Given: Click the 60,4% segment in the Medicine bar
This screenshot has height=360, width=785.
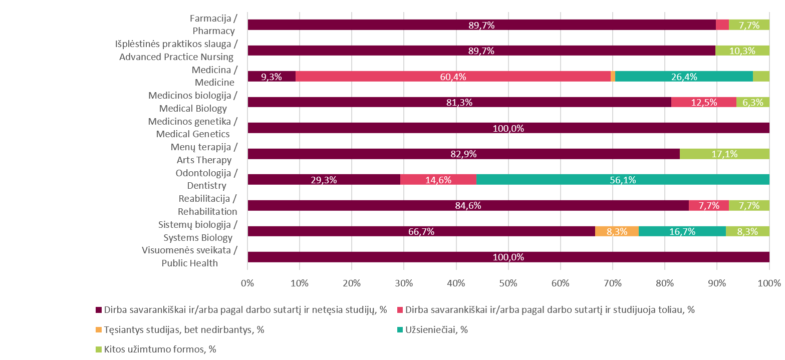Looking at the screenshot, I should pos(453,77).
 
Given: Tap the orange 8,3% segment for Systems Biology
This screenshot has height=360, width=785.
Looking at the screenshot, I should pos(617,231).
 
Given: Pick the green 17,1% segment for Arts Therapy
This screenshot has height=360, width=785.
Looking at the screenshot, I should pos(724,154).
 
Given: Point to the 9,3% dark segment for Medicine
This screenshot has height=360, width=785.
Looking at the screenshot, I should pos(272,77).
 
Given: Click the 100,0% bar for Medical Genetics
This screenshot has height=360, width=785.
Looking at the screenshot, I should pos(508,128).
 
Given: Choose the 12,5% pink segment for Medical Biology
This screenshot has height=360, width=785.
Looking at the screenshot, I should pos(703,102).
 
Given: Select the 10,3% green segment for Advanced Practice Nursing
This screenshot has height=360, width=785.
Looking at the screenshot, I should pos(742,51).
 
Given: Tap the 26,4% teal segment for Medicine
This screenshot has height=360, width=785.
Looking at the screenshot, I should pos(684,77).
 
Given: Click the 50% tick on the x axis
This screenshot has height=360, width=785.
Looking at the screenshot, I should pos(508,283).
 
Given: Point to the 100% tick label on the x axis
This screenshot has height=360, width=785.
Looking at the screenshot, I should pos(769,283).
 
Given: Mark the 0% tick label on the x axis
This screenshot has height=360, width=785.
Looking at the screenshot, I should pos(247,283).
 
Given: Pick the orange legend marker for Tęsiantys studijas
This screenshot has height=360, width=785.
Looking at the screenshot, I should pos(99,329).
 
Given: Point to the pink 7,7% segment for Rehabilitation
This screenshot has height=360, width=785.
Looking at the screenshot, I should pos(709,205).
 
